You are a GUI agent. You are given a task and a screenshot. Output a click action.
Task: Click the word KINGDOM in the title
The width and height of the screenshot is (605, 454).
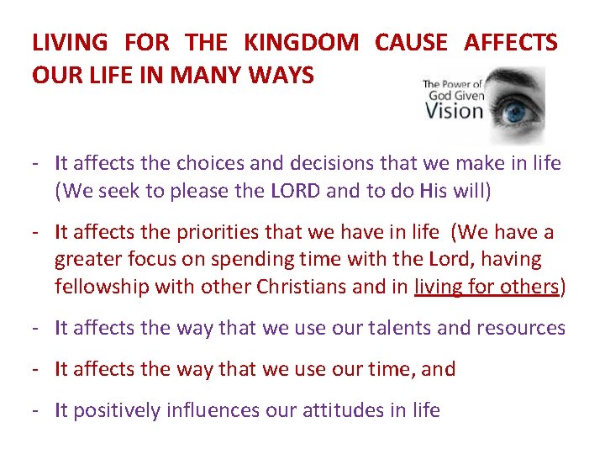(x=300, y=41)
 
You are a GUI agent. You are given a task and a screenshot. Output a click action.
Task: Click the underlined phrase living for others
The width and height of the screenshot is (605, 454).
(x=487, y=286)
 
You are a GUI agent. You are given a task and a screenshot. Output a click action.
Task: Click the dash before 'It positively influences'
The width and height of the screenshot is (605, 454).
(x=39, y=410)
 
